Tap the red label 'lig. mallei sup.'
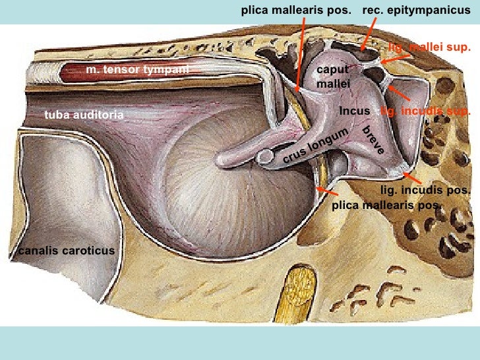428,47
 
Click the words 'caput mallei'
332,77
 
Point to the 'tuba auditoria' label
84,115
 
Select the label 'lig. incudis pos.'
425,191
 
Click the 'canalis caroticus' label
67,251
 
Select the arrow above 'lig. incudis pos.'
412,177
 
